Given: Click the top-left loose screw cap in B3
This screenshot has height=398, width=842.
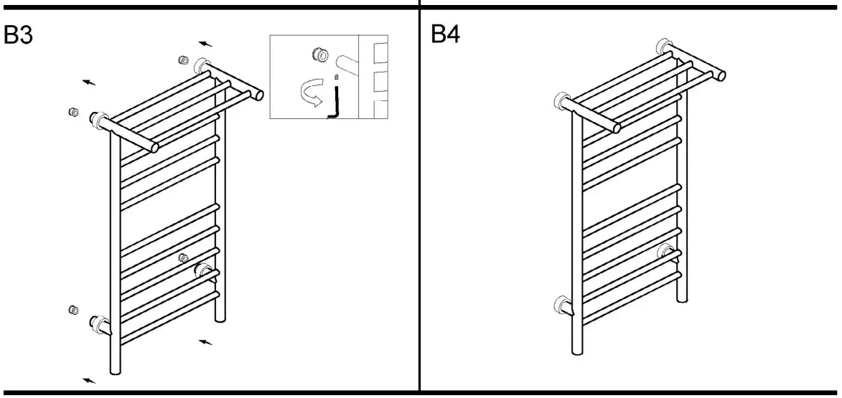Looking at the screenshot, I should coord(72,112).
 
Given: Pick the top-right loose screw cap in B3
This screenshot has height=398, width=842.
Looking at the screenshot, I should coord(182,60).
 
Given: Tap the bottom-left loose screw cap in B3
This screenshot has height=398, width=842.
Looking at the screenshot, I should coord(72,309).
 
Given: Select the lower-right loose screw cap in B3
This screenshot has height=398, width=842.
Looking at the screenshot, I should coord(183,257).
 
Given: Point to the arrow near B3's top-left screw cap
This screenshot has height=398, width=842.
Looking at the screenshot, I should coord(89,83).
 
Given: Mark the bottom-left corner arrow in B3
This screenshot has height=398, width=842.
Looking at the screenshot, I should coord(89,380).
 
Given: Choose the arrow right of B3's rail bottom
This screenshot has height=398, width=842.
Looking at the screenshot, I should coord(206,343).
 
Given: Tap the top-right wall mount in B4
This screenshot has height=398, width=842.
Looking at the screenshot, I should coord(664,48).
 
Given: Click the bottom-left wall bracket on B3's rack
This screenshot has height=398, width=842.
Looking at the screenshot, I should coord(98,323).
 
